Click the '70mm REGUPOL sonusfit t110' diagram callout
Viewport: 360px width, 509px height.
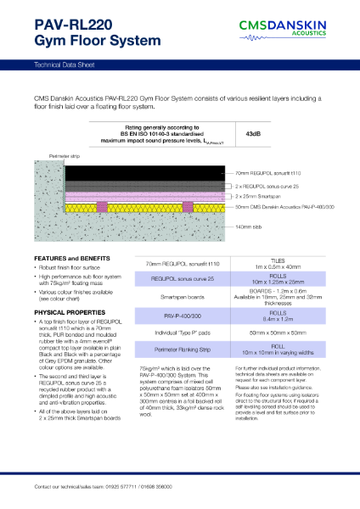click(267, 172)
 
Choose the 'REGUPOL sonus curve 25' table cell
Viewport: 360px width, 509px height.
click(183, 278)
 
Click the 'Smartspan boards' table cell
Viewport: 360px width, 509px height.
click(183, 298)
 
